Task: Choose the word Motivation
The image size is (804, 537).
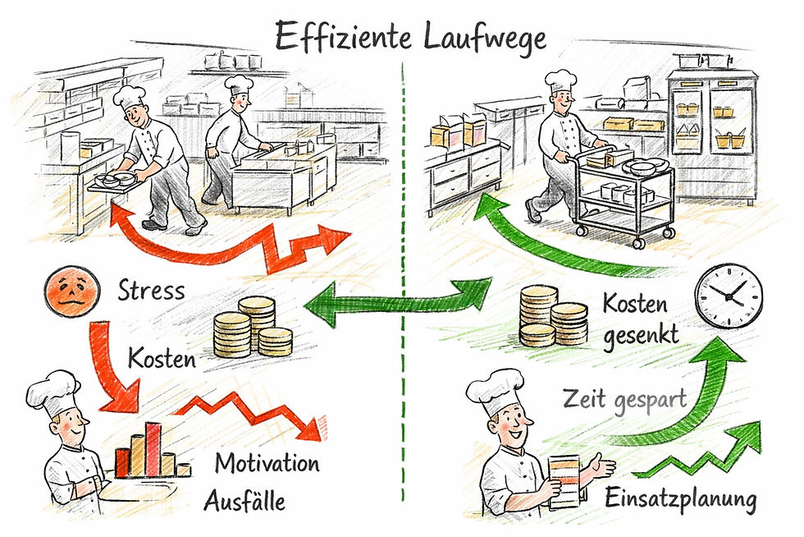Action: pos(267,463)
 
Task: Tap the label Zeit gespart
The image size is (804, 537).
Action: pos(613,402)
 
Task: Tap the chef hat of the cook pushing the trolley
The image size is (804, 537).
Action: pos(561,80)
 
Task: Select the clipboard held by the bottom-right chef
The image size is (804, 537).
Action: pos(565,480)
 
